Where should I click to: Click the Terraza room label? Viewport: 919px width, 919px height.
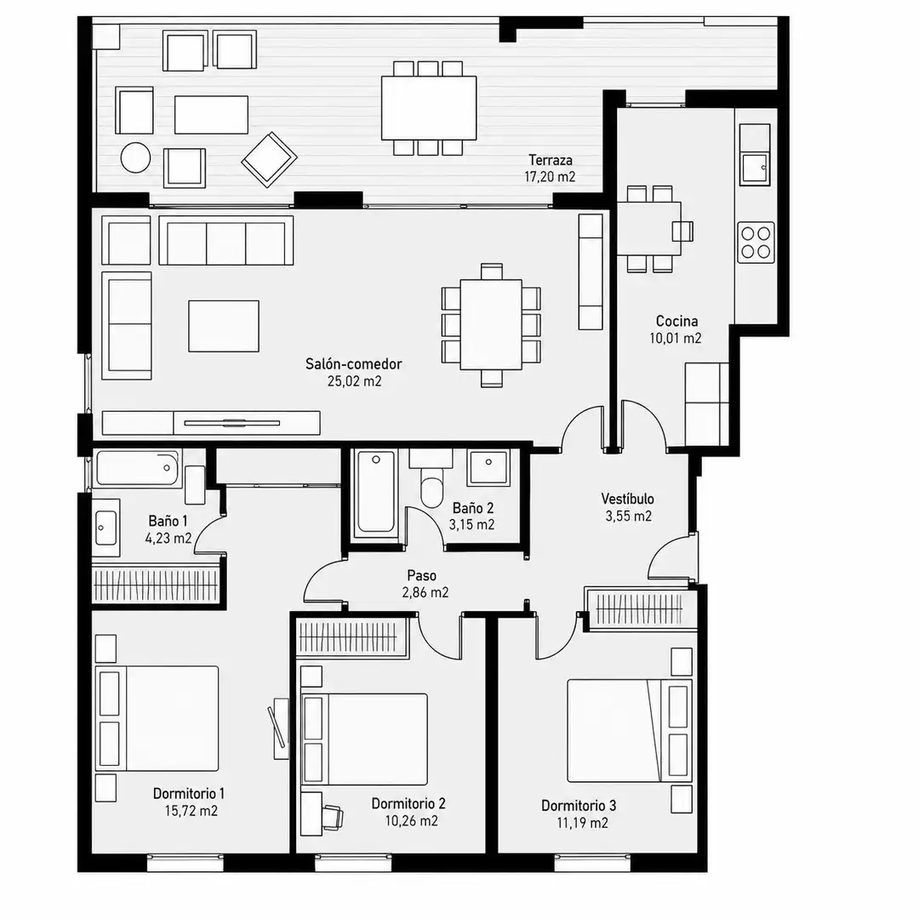pyautogui.click(x=551, y=160)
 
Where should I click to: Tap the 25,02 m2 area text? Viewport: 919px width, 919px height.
pyautogui.click(x=355, y=381)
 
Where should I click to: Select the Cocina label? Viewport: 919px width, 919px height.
pyautogui.click(x=676, y=321)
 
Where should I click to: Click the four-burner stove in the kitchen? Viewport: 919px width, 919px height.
pyautogui.click(x=756, y=243)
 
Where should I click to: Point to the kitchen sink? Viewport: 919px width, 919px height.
pyautogui.click(x=754, y=168)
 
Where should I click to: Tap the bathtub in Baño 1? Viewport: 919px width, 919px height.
pyautogui.click(x=138, y=468)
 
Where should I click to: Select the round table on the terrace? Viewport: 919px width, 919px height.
pyautogui.click(x=135, y=157)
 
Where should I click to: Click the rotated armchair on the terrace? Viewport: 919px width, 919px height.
pyautogui.click(x=269, y=159)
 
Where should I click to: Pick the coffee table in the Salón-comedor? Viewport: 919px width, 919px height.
pyautogui.click(x=224, y=326)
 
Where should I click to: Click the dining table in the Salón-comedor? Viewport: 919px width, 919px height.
pyautogui.click(x=491, y=325)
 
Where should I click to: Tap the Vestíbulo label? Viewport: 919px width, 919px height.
pyautogui.click(x=628, y=499)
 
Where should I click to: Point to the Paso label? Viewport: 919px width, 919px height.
pyautogui.click(x=422, y=575)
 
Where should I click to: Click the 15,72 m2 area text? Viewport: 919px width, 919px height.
pyautogui.click(x=191, y=811)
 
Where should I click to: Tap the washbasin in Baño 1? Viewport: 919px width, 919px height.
pyautogui.click(x=106, y=528)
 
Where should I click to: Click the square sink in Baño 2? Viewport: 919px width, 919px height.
pyautogui.click(x=488, y=467)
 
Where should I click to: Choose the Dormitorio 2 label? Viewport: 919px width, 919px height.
pyautogui.click(x=408, y=803)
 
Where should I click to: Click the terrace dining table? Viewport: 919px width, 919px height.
pyautogui.click(x=428, y=108)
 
